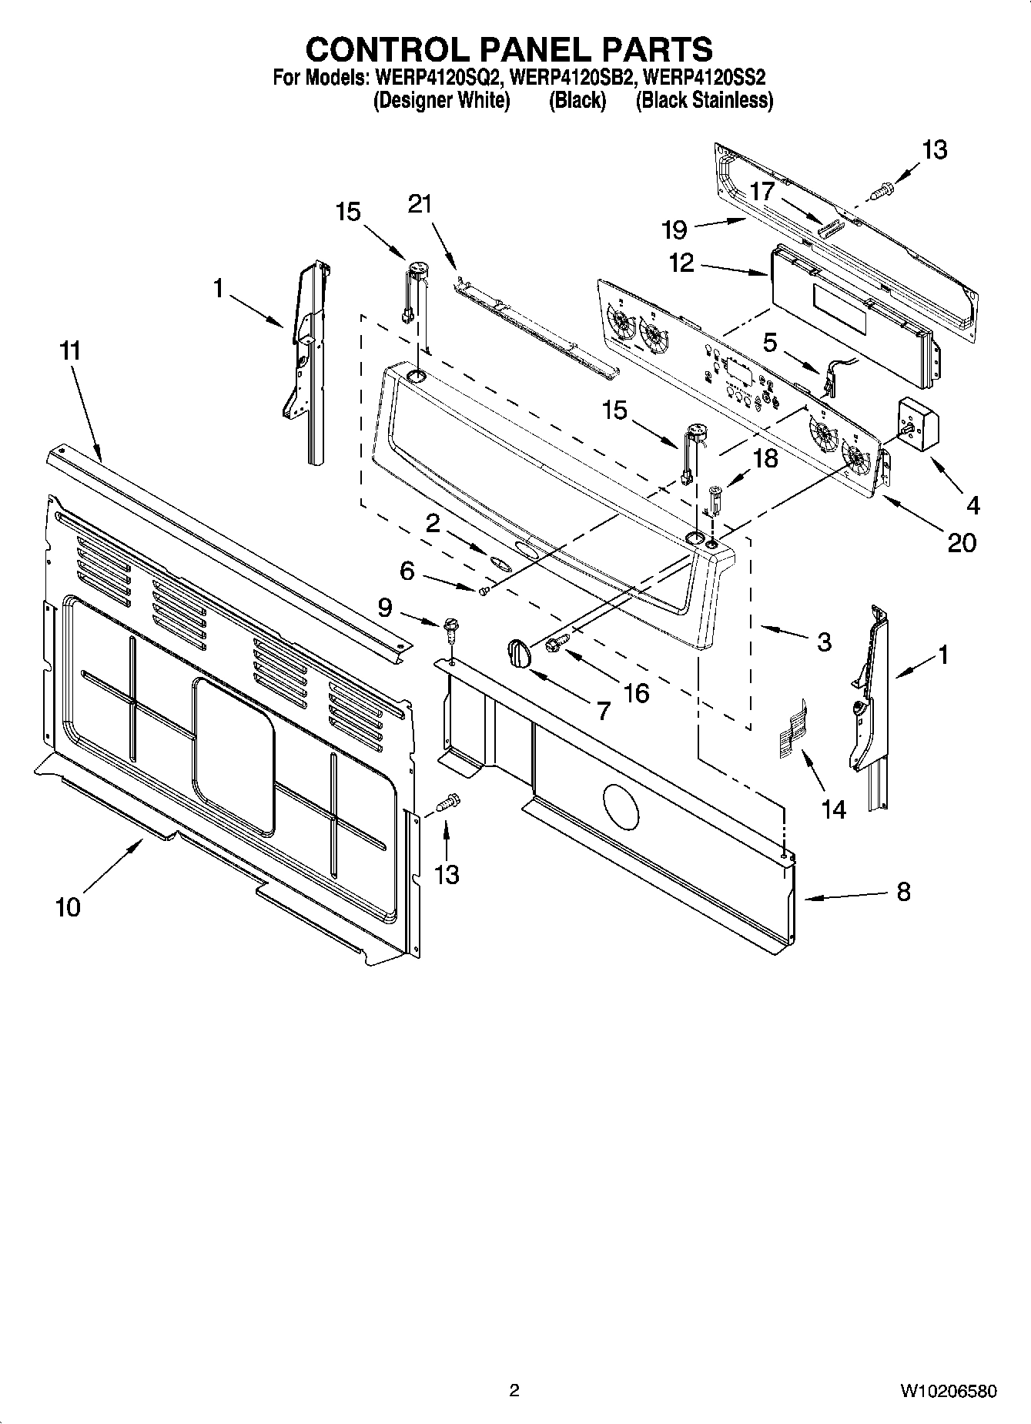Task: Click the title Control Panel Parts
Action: [x=509, y=49]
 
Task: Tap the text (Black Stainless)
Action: [x=704, y=100]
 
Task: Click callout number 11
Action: [x=70, y=351]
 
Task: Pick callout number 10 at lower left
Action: [x=68, y=907]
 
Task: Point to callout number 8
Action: [x=903, y=892]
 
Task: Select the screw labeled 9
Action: [x=450, y=633]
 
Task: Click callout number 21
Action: [x=420, y=204]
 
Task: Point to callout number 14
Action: [x=834, y=809]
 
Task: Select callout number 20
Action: [x=962, y=542]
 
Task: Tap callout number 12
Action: [x=681, y=263]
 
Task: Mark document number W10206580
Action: [x=948, y=1391]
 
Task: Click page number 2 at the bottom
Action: [x=514, y=1390]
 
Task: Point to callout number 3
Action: [x=823, y=642]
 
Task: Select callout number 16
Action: [x=636, y=692]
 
